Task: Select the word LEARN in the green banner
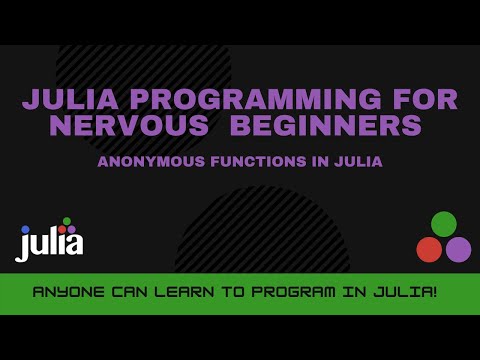coord(187,294)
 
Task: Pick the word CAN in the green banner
coord(129,294)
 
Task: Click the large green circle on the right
coord(444,224)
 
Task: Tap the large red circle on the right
coord(429,249)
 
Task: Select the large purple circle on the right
coord(458,249)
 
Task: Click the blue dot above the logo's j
coord(25,229)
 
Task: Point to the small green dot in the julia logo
coord(67,221)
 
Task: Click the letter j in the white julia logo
coord(24,245)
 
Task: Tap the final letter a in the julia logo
coord(75,243)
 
